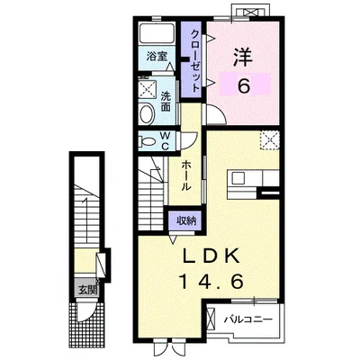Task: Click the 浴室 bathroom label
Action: pyautogui.click(x=157, y=56)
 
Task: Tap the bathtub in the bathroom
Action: pyautogui.click(x=157, y=33)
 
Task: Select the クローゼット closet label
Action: pyautogui.click(x=194, y=61)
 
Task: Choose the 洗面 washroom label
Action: pyautogui.click(x=166, y=102)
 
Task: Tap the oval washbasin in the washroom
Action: pyautogui.click(x=147, y=113)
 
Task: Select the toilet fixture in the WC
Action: pyautogui.click(x=147, y=141)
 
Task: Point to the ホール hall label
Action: pyautogui.click(x=186, y=175)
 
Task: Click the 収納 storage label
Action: pyautogui.click(x=186, y=220)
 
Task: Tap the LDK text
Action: pyautogui.click(x=212, y=256)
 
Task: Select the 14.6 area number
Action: pyautogui.click(x=211, y=282)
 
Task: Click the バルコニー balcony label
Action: pyautogui.click(x=248, y=319)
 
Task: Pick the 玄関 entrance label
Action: pyautogui.click(x=87, y=290)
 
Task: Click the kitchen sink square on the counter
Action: pyautogui.click(x=238, y=178)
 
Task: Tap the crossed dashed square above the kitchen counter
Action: pyautogui.click(x=270, y=140)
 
